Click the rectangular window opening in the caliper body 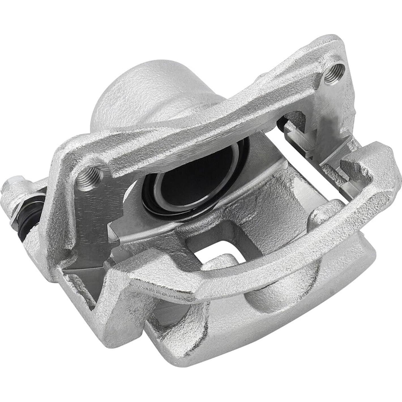[x=215, y=249]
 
